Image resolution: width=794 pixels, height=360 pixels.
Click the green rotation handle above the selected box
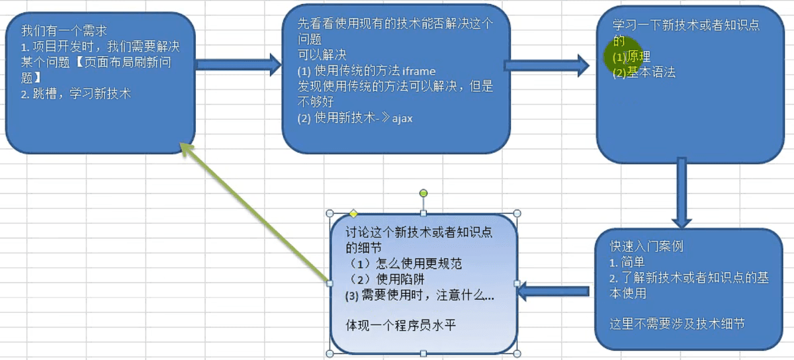[423, 193]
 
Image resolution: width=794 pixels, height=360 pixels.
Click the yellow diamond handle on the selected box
[353, 214]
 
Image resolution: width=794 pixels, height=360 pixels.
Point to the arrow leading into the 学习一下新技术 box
[546, 65]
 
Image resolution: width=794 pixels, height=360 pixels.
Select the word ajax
[402, 118]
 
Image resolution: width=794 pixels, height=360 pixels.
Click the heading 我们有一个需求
[64, 30]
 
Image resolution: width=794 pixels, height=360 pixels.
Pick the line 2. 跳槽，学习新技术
[75, 93]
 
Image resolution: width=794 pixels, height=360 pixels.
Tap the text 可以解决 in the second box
[322, 56]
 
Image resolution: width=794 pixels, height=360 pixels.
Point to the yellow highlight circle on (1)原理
[617, 56]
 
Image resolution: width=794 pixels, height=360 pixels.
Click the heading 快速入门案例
[646, 246]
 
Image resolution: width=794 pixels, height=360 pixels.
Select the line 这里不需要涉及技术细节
[677, 324]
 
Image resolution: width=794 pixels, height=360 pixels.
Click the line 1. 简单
[627, 262]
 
